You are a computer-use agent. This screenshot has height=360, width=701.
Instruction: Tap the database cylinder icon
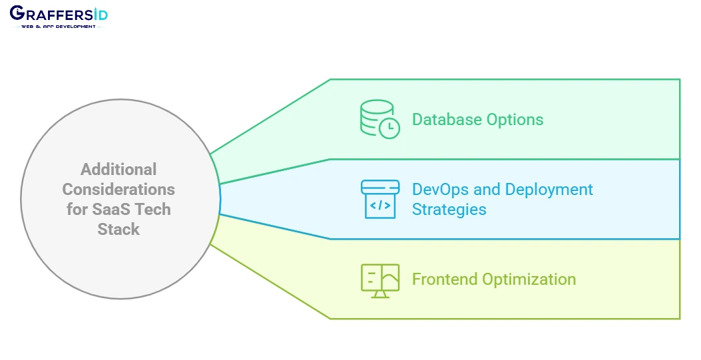click(377, 118)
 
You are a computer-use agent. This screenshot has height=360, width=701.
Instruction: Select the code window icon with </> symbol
click(380, 199)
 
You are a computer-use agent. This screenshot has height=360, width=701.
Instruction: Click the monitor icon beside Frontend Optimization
click(380, 279)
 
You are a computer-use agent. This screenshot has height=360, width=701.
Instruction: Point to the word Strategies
click(449, 209)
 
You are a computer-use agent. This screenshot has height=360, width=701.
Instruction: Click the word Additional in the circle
click(118, 169)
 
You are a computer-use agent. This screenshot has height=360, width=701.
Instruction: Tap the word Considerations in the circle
click(118, 189)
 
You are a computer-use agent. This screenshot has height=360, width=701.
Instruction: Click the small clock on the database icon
click(389, 127)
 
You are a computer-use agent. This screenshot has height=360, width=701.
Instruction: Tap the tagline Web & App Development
click(59, 27)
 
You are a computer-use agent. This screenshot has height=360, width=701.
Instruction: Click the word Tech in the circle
click(154, 209)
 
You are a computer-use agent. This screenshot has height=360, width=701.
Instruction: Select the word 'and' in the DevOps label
click(487, 189)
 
